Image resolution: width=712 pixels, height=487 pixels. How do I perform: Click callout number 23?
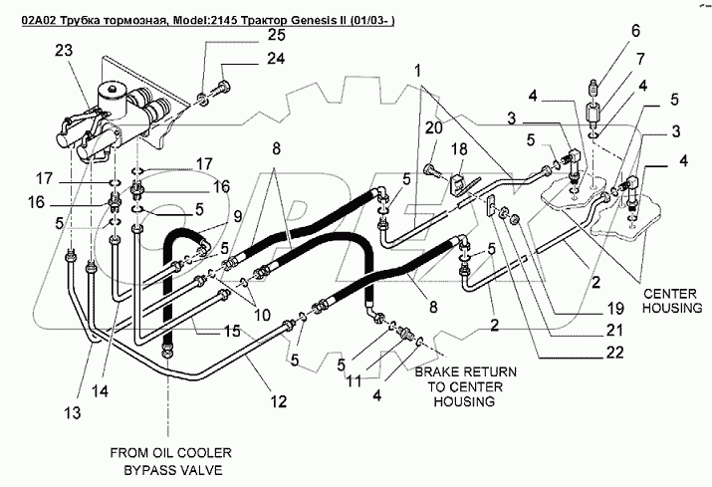click(x=64, y=50)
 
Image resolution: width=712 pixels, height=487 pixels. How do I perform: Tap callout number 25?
click(x=276, y=35)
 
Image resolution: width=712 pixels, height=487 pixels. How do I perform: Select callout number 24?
click(x=276, y=59)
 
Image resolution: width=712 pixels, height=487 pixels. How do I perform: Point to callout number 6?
click(x=635, y=31)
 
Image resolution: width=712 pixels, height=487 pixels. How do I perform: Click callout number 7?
click(x=640, y=59)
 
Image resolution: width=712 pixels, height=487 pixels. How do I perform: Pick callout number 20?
click(x=433, y=127)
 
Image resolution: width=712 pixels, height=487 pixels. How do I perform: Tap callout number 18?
click(x=459, y=149)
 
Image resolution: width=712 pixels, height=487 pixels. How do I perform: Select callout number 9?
click(x=237, y=217)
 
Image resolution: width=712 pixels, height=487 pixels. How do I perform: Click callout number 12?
click(x=279, y=401)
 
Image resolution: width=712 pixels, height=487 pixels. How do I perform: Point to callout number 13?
click(x=73, y=413)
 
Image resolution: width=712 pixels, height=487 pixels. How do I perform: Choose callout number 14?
click(x=100, y=390)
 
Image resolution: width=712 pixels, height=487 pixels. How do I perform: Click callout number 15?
click(x=232, y=331)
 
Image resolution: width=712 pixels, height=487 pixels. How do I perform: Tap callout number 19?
click(x=615, y=309)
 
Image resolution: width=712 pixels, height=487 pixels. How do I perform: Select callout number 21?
click(x=614, y=331)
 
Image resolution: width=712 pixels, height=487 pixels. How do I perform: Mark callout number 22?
click(x=614, y=353)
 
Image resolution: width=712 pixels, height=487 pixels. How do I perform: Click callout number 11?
click(x=354, y=380)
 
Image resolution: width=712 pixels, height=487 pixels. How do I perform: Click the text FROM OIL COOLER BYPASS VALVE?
click(x=170, y=461)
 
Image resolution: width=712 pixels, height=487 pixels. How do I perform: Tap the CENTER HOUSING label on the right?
click(x=672, y=301)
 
